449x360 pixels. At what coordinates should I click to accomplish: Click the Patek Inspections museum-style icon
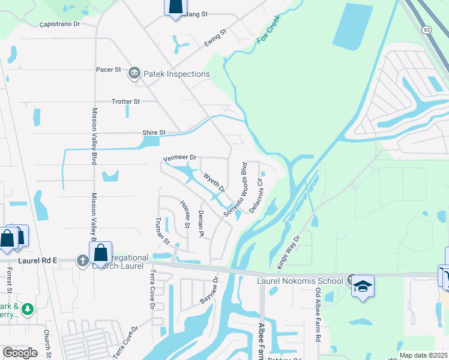point(134,74)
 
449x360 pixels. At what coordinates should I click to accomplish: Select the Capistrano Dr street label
point(59,25)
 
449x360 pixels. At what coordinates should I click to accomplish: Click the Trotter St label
point(125,102)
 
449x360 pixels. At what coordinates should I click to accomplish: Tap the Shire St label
point(153,133)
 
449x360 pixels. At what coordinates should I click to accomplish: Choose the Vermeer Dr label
point(180,158)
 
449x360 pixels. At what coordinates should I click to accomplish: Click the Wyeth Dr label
point(214,182)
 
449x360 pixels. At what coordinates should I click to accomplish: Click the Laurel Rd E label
point(37,260)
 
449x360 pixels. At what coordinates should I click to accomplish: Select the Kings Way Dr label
point(288,251)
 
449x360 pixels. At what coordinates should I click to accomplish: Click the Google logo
point(20,352)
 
